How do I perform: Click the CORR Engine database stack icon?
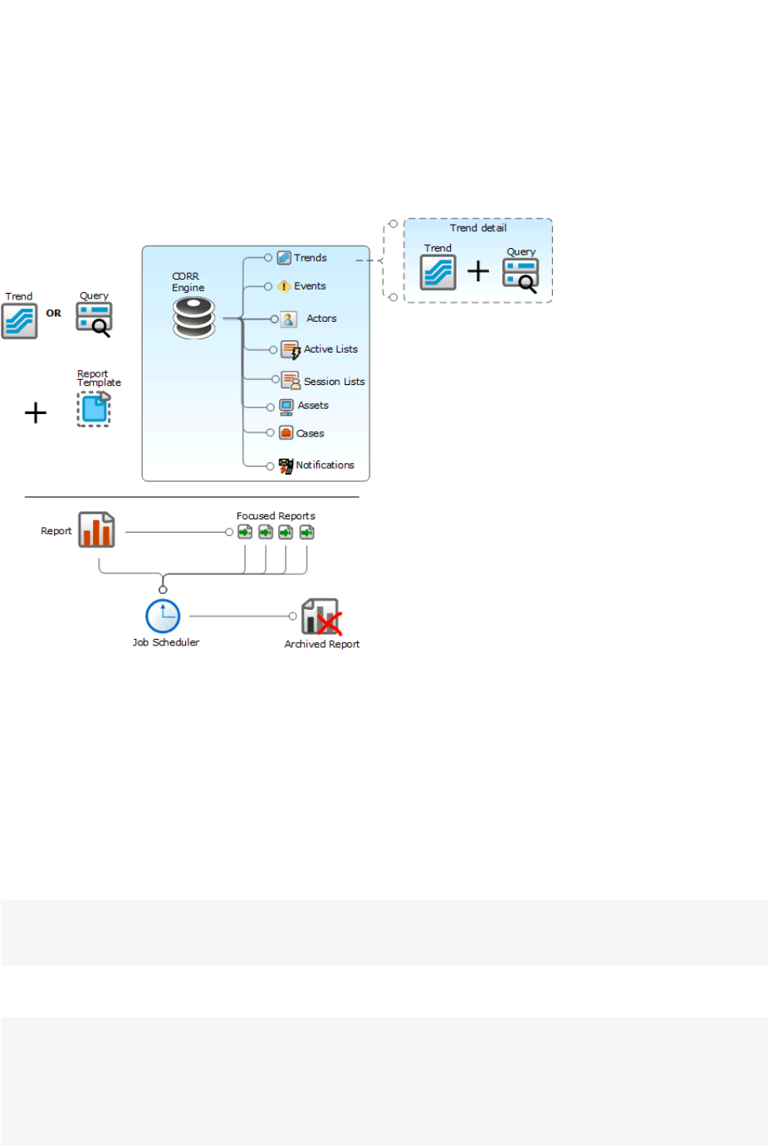coord(194,319)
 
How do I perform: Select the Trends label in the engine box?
coord(310,258)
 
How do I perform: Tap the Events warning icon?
coord(284,286)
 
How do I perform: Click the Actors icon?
coord(288,319)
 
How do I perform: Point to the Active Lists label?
coord(330,349)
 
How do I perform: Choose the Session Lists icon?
coord(290,380)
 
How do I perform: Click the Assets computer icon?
coord(286,407)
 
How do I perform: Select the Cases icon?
coord(286,433)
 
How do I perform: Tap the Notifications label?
coord(325,465)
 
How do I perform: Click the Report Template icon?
coord(94,409)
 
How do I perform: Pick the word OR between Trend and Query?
coord(54,314)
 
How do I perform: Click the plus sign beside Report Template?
coord(36,412)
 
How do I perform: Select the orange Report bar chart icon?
coord(96,530)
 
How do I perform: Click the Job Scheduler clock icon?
coord(163,616)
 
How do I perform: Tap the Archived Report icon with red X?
coord(321,617)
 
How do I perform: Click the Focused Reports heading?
coord(276,516)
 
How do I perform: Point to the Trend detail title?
coord(478,228)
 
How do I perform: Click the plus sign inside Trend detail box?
coord(478,271)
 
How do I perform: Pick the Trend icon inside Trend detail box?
coord(438,272)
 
